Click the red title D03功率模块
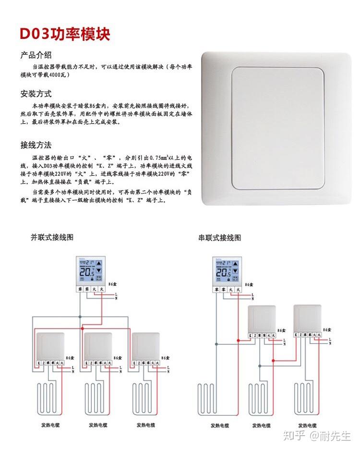[x=65, y=34]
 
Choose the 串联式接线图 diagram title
[x=219, y=237]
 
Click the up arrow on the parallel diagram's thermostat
[x=99, y=263]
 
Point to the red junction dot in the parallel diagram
[x=83, y=328]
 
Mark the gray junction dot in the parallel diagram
[x=80, y=317]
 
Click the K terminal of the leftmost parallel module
[x=39, y=363]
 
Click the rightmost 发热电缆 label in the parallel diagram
[x=146, y=425]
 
